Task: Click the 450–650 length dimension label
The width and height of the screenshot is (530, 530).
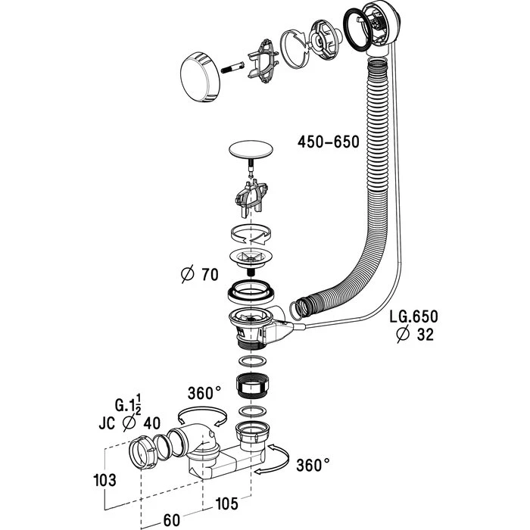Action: coord(328,142)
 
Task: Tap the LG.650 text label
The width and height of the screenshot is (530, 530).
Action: coord(413,316)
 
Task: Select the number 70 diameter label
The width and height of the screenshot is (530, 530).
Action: coord(210,274)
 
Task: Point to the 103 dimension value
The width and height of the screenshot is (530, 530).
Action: coord(104,480)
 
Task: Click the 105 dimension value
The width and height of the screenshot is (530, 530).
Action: coord(226,503)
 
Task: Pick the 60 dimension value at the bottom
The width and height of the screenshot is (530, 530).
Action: coord(172,520)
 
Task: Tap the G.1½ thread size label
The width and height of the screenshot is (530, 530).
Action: coord(128,404)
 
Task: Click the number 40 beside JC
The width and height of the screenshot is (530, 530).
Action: coord(151,423)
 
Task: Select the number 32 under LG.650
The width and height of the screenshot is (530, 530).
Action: coord(426,335)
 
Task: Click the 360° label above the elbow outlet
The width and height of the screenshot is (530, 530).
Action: coord(204,393)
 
